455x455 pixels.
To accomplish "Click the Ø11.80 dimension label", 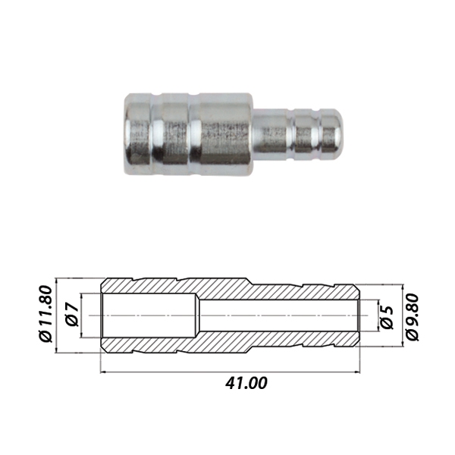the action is click(45, 314).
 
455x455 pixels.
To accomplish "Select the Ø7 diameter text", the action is click(72, 315).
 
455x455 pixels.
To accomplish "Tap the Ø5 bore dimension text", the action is click(387, 318).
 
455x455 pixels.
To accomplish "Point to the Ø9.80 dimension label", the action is click(413, 317).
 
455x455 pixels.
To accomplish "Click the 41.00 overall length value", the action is click(246, 383).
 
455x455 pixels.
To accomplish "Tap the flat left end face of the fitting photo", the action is click(127, 134).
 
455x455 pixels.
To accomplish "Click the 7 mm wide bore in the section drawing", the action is click(149, 315).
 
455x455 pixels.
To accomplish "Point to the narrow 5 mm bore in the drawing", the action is click(279, 315).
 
